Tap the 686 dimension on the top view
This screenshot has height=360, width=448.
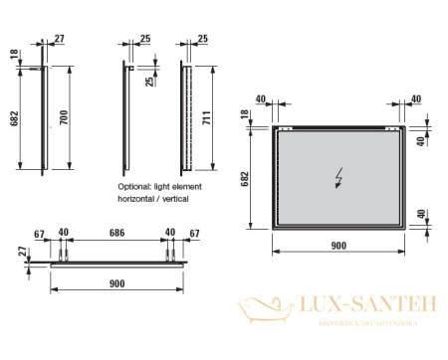pyautogui.click(x=116, y=234)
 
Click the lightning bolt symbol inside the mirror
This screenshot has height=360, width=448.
pyautogui.click(x=339, y=178)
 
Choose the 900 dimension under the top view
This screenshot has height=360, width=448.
pyautogui.click(x=116, y=283)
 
